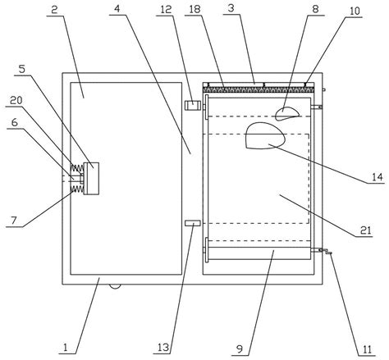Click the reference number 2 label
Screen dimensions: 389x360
[x=54, y=10]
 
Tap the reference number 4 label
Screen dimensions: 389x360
[x=117, y=9]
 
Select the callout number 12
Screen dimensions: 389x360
[x=166, y=10]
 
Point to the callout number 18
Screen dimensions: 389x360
[x=194, y=9]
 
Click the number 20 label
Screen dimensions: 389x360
[x=16, y=101]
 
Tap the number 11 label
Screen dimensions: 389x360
[x=367, y=349]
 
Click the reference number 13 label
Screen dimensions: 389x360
[x=163, y=348]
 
